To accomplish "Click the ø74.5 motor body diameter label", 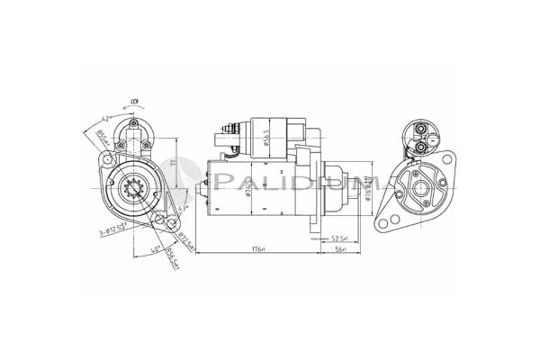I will coord(221,187).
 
